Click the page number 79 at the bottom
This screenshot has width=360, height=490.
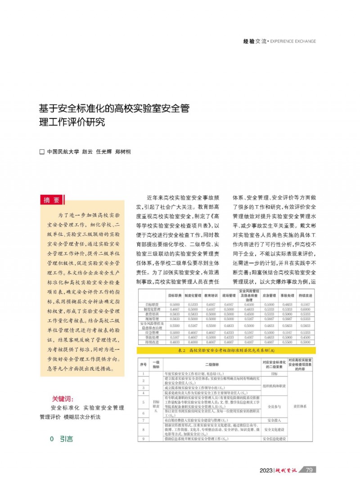pyautogui.click(x=309, y=470)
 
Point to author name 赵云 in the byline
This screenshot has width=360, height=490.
pyautogui.click(x=87, y=152)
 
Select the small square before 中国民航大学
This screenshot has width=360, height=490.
pyautogui.click(x=42, y=152)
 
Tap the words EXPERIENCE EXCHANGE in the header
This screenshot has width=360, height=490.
pyautogui.click(x=294, y=41)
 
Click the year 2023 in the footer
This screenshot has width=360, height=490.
pyautogui.click(x=266, y=470)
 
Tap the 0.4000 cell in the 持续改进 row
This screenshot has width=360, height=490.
pyautogui.click(x=192, y=342)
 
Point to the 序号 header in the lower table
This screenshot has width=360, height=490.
pyautogui.click(x=143, y=365)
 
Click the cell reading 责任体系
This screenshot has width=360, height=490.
pyautogui.click(x=300, y=405)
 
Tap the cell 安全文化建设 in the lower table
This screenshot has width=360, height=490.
pyautogui.click(x=274, y=429)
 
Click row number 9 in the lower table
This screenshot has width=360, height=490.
pyautogui.click(x=143, y=438)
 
